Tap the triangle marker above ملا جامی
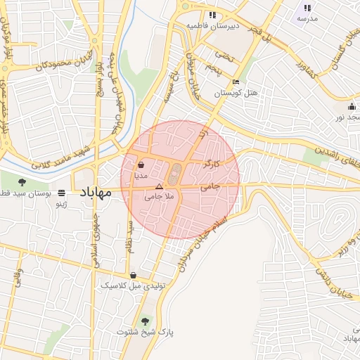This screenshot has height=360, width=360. click(x=159, y=187)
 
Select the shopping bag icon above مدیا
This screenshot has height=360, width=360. click(x=142, y=165)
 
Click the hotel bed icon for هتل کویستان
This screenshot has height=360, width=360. click(x=236, y=82)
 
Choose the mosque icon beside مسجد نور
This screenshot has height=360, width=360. click(x=352, y=106)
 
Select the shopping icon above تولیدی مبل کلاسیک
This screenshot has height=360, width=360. click(x=133, y=275)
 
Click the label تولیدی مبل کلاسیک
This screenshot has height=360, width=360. click(x=125, y=285)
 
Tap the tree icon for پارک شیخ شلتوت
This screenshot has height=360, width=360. click(x=146, y=321)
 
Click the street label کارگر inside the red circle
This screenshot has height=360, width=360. click(x=211, y=165)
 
